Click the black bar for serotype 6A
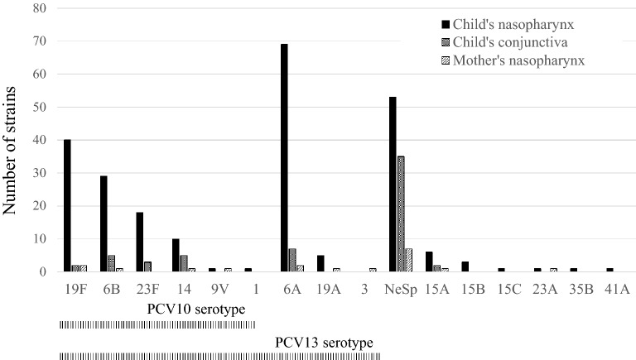(x=284, y=158)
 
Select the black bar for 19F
(x=67, y=206)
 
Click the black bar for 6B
(x=104, y=224)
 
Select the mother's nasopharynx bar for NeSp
(x=409, y=261)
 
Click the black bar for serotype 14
(x=176, y=255)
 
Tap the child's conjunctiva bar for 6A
(x=292, y=261)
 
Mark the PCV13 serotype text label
(x=323, y=342)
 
